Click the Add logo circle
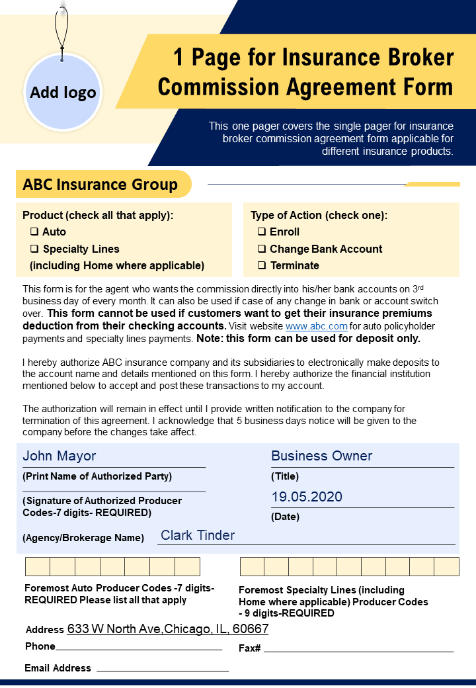(x=63, y=92)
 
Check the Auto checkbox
(x=34, y=232)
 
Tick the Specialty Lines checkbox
(x=34, y=249)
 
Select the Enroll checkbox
(x=262, y=232)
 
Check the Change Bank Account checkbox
(x=262, y=249)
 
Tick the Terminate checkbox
(x=262, y=266)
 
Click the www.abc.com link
(x=316, y=326)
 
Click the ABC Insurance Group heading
(x=100, y=185)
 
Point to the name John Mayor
(x=59, y=456)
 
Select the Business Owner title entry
(x=321, y=456)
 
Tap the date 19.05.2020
(x=307, y=497)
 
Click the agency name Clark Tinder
(x=198, y=535)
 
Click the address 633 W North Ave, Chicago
(x=168, y=628)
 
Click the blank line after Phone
(x=139, y=648)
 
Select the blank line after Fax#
(x=358, y=650)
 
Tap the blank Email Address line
(x=163, y=669)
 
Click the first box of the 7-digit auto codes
(x=38, y=567)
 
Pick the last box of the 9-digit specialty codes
(x=446, y=567)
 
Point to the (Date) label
(x=285, y=517)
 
